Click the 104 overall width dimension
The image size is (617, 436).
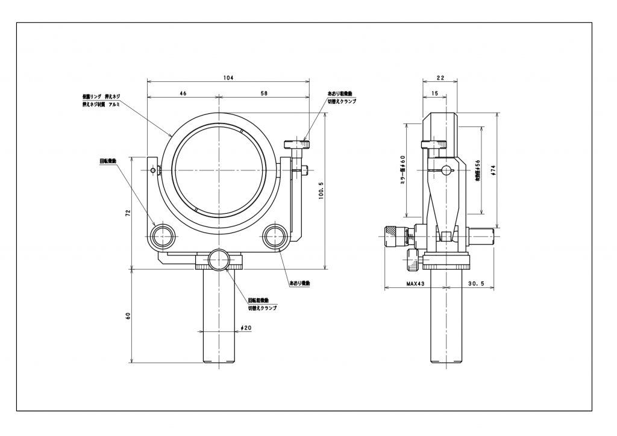point(228,78)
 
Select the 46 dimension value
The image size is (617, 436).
point(183,93)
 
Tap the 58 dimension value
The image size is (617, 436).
point(263,93)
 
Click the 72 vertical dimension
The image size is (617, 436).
point(128,214)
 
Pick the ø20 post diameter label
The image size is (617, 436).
point(245,328)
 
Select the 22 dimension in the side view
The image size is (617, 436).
point(440,78)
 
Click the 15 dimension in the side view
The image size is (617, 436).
point(435,93)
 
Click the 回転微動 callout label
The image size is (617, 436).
point(108,161)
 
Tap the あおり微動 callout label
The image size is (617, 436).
point(299,283)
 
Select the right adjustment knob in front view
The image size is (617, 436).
point(274,235)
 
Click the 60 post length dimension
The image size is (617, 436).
point(128,316)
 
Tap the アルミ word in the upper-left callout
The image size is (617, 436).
point(114,104)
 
